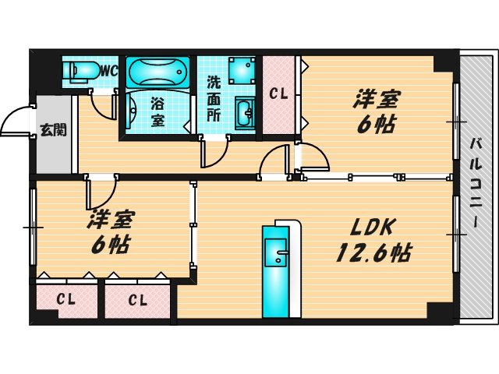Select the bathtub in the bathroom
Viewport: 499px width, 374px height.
[158, 72]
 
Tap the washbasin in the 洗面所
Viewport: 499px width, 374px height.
[245, 112]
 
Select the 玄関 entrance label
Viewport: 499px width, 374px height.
[53, 129]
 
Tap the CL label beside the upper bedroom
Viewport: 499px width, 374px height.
[278, 94]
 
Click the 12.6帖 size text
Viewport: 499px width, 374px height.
[373, 252]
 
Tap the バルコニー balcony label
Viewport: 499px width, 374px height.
[475, 185]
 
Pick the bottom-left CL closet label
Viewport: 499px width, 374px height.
[65, 298]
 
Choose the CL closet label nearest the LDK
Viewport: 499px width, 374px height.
[138, 298]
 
